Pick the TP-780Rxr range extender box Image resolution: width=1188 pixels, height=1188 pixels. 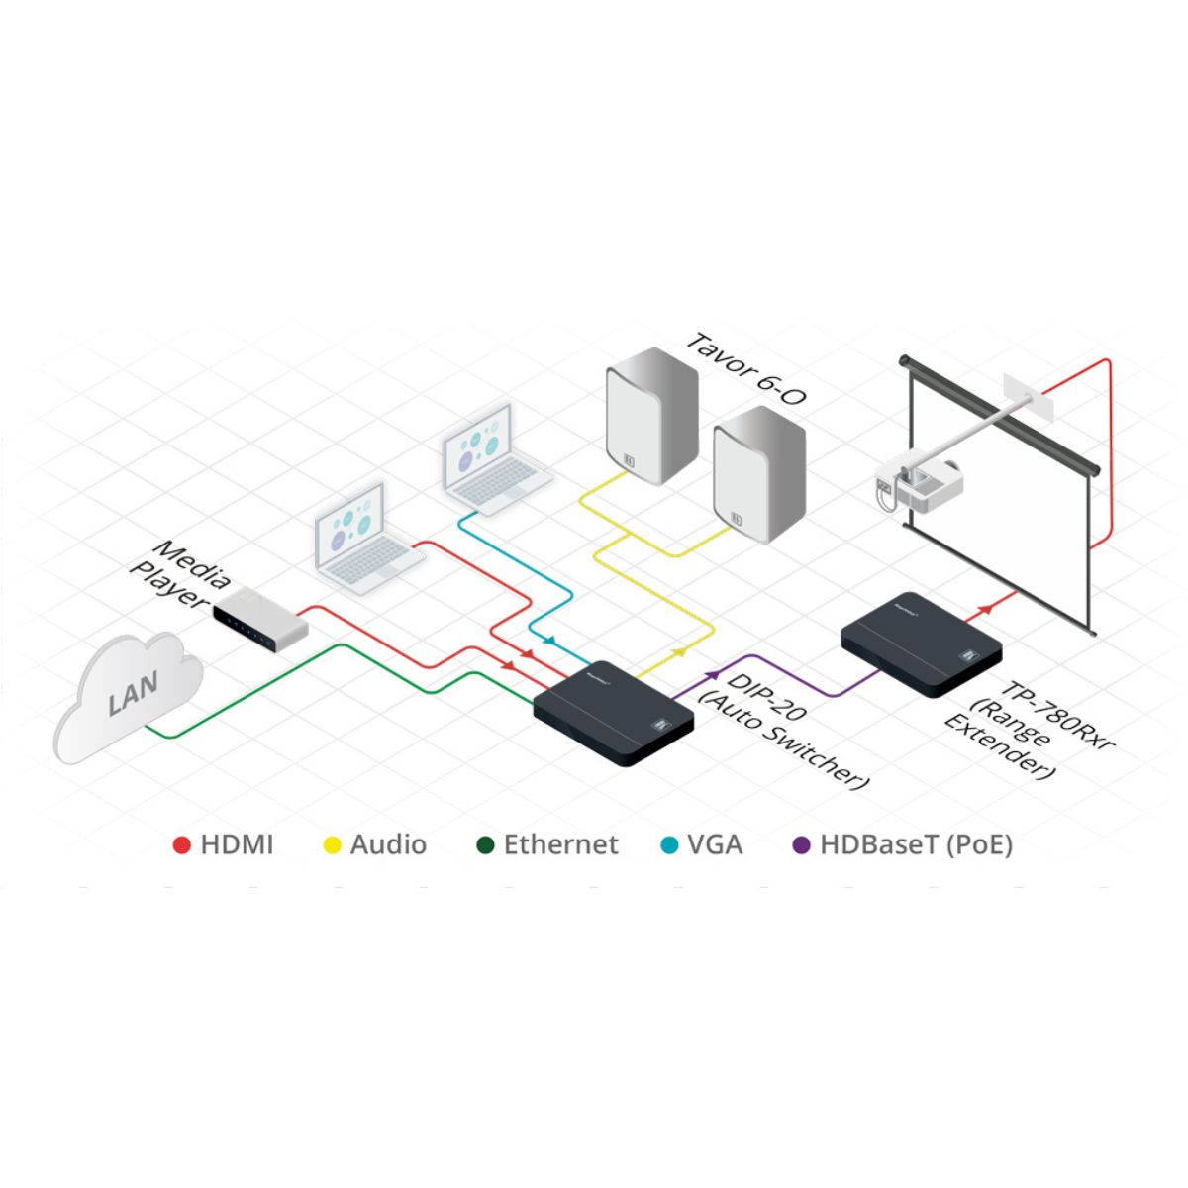pos(922,644)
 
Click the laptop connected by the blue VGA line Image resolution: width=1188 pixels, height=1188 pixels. pos(496,459)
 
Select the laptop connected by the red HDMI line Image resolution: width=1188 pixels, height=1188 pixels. pos(367,539)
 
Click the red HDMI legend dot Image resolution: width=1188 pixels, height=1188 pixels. pos(181,845)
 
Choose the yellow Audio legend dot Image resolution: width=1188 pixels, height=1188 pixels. pos(333,845)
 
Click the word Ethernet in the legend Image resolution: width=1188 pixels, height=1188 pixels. pos(560,844)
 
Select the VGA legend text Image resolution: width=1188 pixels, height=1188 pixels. pos(715,844)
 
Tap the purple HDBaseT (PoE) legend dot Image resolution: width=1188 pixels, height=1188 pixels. pos(801,845)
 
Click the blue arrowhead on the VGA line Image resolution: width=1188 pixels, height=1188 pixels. pos(550,641)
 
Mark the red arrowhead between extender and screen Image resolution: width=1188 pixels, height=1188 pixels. pos(985,609)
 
